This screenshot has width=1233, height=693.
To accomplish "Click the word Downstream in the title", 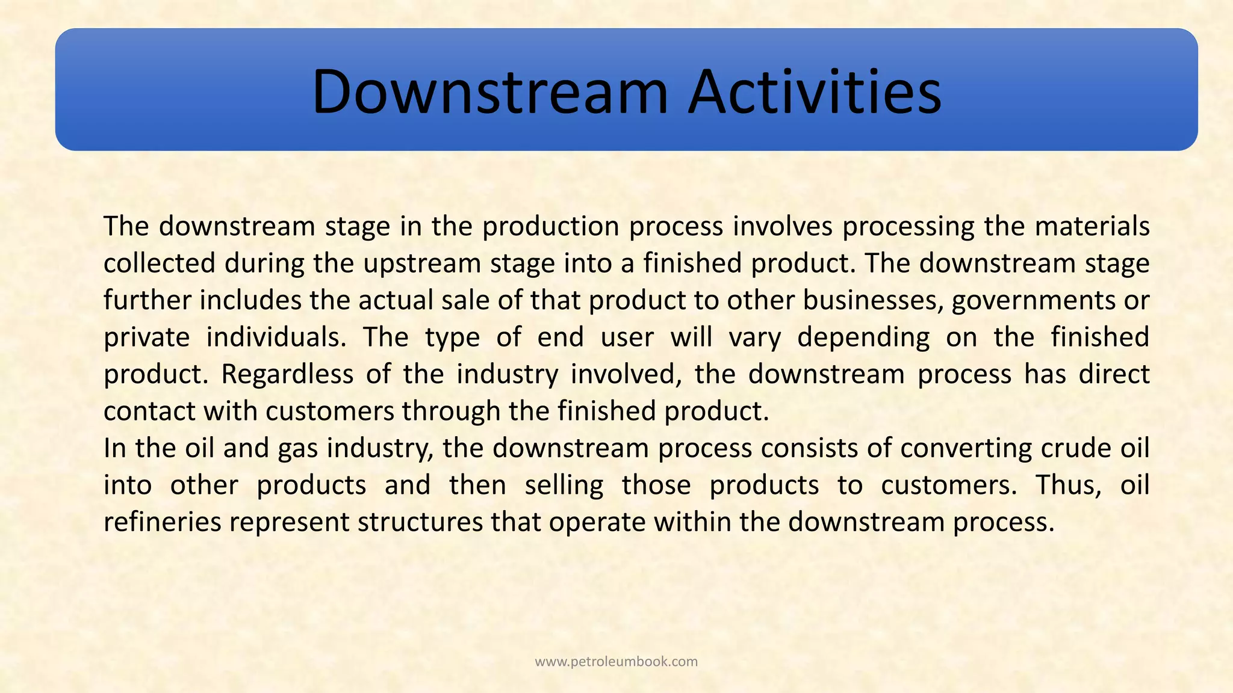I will click(489, 91).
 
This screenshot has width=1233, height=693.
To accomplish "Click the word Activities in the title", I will click(815, 91).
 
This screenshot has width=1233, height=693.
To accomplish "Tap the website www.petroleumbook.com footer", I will click(616, 662).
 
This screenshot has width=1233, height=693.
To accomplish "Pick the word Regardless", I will click(287, 374).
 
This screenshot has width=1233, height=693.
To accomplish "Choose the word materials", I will click(1092, 226).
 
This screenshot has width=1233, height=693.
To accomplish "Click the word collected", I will click(160, 263).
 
